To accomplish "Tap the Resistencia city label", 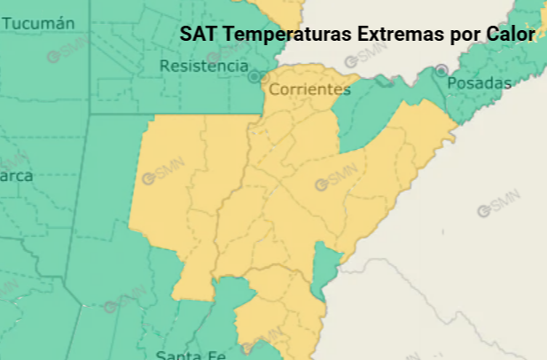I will pyautogui.click(x=204, y=66).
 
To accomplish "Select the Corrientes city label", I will pyautogui.click(x=309, y=90).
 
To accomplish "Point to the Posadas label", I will pyautogui.click(x=480, y=83).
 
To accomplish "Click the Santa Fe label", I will pyautogui.click(x=191, y=355).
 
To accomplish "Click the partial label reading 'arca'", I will pyautogui.click(x=16, y=176).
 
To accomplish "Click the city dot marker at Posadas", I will pyautogui.click(x=441, y=70).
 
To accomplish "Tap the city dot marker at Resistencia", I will pyautogui.click(x=254, y=77).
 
